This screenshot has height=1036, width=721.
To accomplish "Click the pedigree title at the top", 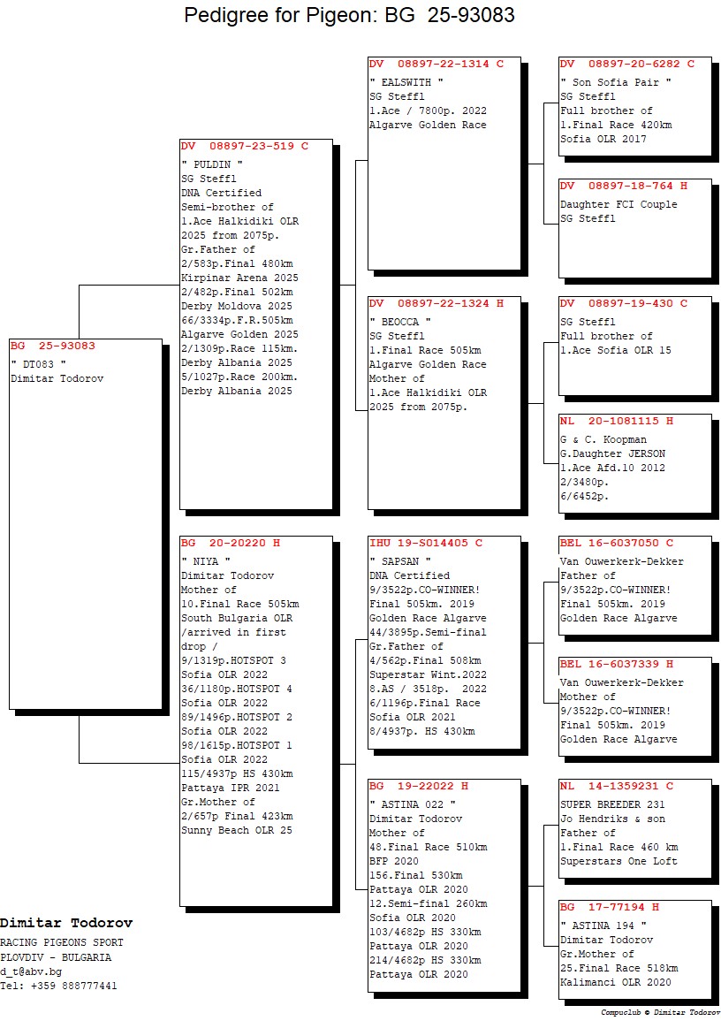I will pos(349,16).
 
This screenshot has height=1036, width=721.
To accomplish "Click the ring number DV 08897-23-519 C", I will pos(245,147).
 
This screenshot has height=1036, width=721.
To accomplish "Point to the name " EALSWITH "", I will pos(406,82).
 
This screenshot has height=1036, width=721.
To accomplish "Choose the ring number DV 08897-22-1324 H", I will pos(436,304).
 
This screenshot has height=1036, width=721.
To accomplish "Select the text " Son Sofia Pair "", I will pos(616,82).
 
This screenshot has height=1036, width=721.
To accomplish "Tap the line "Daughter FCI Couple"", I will pos(619,204).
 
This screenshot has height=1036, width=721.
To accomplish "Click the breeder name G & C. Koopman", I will pos(603,439).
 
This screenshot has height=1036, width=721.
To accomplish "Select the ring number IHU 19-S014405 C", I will pos(426,543).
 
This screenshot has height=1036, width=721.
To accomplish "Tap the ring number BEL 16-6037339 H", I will pos(617,665).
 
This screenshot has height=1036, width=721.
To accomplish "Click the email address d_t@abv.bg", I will pos(30,971).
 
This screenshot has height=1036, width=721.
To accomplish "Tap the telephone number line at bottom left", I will pos(58,986).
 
